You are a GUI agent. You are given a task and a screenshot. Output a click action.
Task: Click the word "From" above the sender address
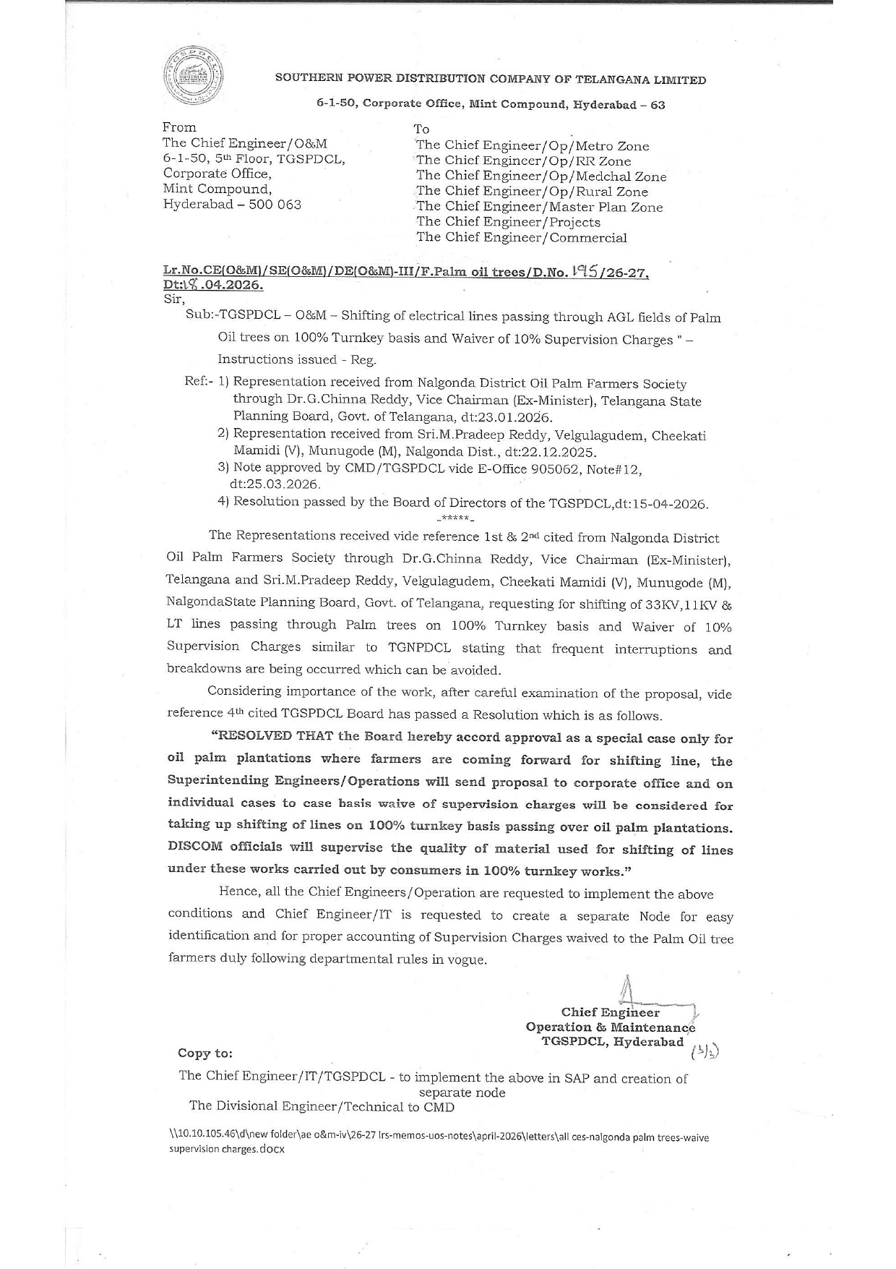pyautogui.click(x=179, y=127)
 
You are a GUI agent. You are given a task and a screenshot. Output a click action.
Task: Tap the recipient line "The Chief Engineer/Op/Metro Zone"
pyautogui.click(x=533, y=146)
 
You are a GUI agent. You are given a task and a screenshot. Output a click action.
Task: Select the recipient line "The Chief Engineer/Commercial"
pyautogui.click(x=521, y=237)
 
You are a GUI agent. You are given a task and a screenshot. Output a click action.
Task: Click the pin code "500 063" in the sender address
pyautogui.click(x=270, y=205)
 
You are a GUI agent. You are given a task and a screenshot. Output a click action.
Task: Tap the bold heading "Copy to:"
pyautogui.click(x=205, y=1054)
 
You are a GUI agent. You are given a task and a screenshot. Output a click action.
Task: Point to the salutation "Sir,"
pyautogui.click(x=174, y=299)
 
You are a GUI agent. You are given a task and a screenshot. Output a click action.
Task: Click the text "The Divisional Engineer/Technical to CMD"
pyautogui.click(x=322, y=1106)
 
